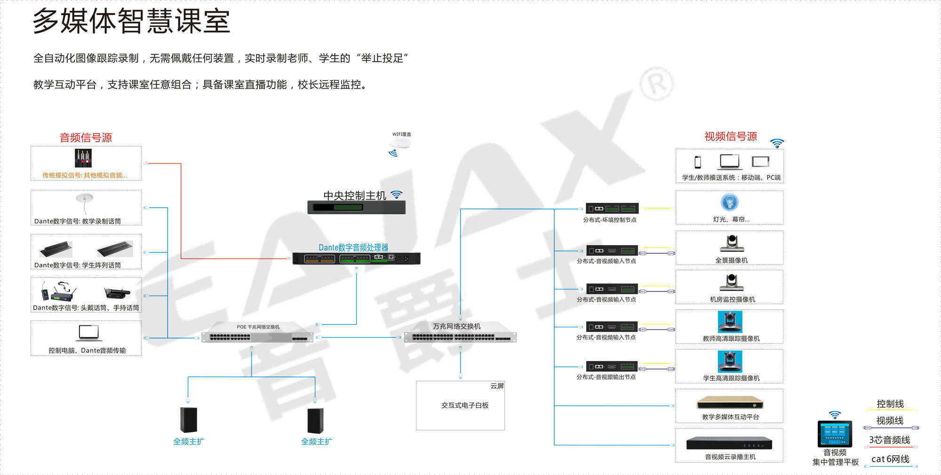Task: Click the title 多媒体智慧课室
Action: tap(131, 21)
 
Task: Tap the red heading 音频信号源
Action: tap(86, 137)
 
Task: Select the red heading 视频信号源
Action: tap(730, 137)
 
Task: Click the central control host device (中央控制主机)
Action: tap(356, 207)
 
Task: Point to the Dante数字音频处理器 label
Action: tap(353, 248)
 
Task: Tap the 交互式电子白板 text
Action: tap(465, 405)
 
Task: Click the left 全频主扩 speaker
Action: tap(188, 419)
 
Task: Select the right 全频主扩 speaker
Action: tap(315, 420)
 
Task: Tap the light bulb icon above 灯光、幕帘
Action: tap(729, 202)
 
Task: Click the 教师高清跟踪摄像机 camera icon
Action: tap(730, 322)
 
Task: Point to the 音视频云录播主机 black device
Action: tap(729, 443)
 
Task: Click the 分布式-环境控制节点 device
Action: tap(612, 208)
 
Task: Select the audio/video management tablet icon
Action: tap(835, 433)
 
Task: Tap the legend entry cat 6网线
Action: tap(890, 459)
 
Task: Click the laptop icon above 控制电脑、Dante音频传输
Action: tap(88, 333)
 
